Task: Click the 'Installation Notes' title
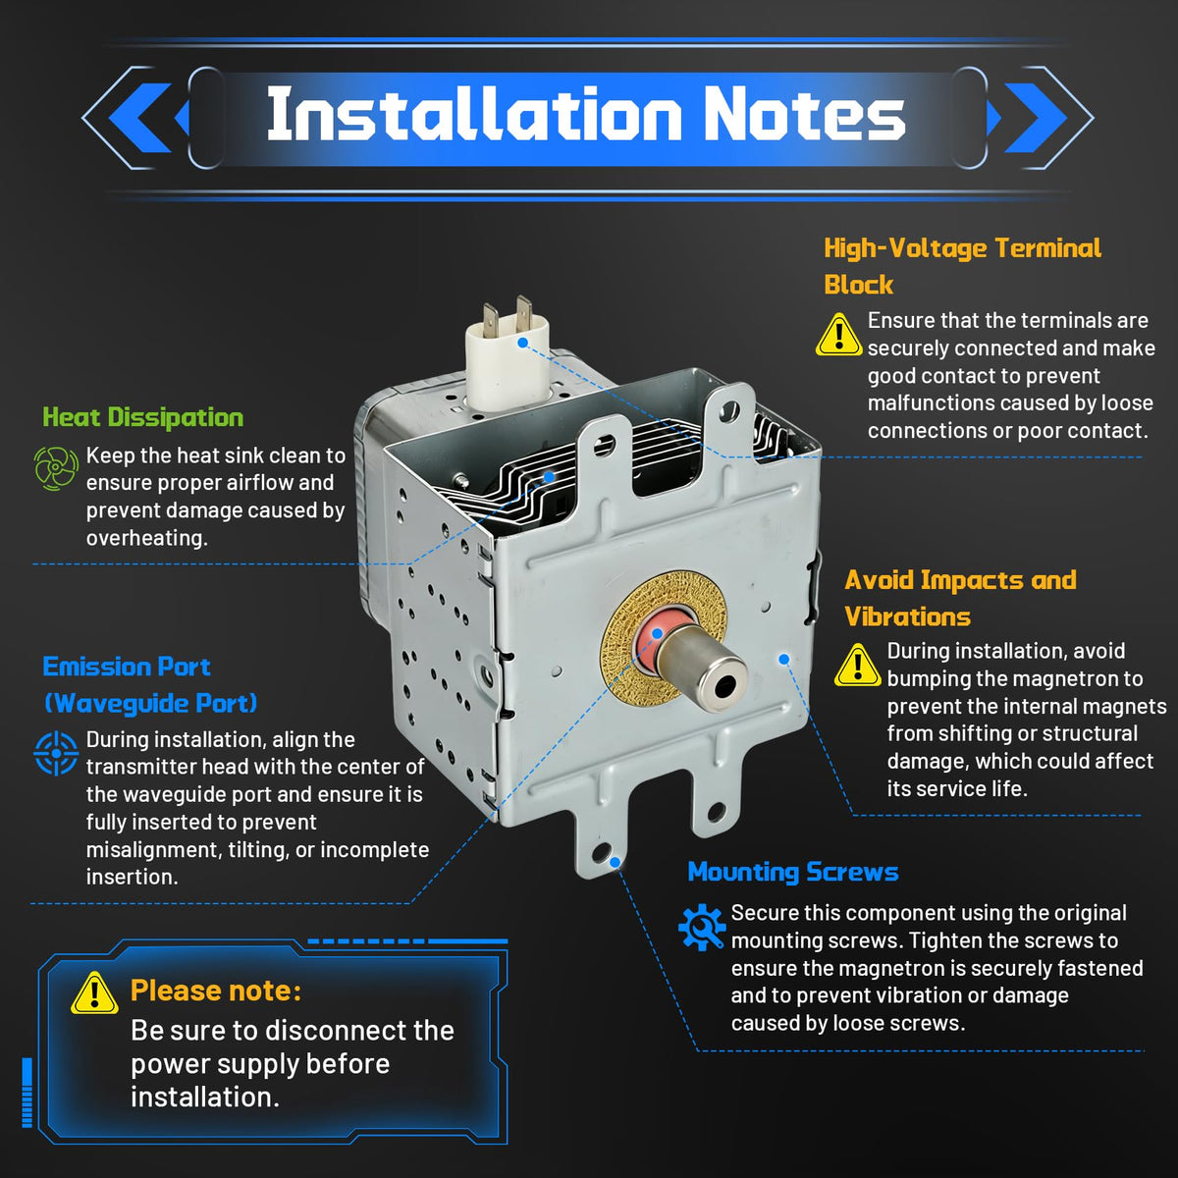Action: coord(586,113)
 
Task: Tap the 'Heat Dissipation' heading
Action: coord(142,417)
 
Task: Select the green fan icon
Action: coord(56,468)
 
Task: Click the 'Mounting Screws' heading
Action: coord(793,872)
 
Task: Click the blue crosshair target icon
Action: coord(56,753)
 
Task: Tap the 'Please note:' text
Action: coord(216,991)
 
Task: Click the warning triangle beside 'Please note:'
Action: coord(94,993)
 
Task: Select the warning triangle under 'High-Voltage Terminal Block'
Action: coord(838,335)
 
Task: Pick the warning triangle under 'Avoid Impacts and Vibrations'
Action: coord(858,665)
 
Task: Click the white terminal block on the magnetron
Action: coord(508,364)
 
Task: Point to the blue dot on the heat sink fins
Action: coord(549,476)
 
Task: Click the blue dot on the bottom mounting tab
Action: coord(615,862)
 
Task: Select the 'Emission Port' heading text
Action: coord(127,667)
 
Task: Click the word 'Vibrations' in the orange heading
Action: coord(907,616)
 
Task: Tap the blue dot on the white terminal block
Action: coord(522,343)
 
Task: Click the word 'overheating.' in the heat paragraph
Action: coord(146,539)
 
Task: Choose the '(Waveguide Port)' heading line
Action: coord(150,704)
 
